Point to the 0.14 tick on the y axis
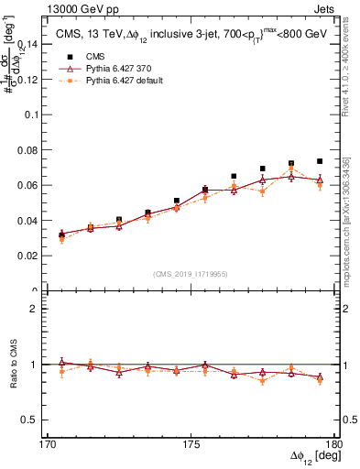click(x=36, y=44)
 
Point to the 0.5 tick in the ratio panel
click(x=38, y=420)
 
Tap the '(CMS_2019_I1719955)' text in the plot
click(x=191, y=273)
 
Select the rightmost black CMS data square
click(x=320, y=161)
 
